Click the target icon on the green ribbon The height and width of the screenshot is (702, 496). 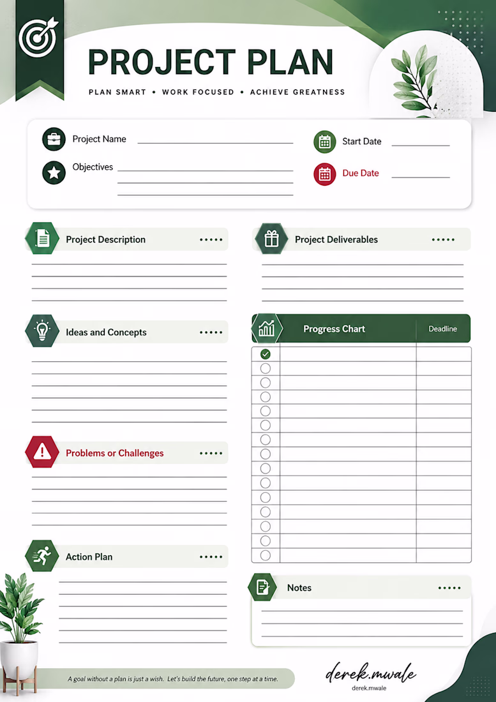(x=38, y=37)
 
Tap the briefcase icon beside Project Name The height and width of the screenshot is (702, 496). (x=54, y=138)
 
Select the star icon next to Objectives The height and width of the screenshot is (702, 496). (x=54, y=172)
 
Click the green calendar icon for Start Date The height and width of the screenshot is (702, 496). (x=324, y=142)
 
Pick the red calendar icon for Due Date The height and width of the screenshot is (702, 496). (x=324, y=174)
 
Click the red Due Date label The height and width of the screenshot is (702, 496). (x=361, y=173)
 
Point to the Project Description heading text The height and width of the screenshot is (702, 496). (x=105, y=239)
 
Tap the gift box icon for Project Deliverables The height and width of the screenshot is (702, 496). (x=271, y=239)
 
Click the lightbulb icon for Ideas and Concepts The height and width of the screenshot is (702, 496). (x=42, y=331)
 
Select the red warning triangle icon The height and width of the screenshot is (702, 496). (x=42, y=452)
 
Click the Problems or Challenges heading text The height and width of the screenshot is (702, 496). (x=115, y=453)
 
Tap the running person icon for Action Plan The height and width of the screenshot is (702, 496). (x=42, y=556)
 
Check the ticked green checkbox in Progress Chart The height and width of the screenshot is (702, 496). (x=266, y=354)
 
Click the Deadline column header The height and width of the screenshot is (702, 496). (x=443, y=329)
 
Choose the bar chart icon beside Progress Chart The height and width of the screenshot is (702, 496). (x=267, y=329)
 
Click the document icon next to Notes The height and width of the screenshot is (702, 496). (x=262, y=587)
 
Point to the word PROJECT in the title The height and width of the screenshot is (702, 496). (x=162, y=62)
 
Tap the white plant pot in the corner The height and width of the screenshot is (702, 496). (x=19, y=659)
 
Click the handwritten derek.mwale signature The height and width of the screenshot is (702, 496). (x=371, y=672)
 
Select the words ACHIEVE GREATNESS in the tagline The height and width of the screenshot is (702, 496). (x=297, y=93)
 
